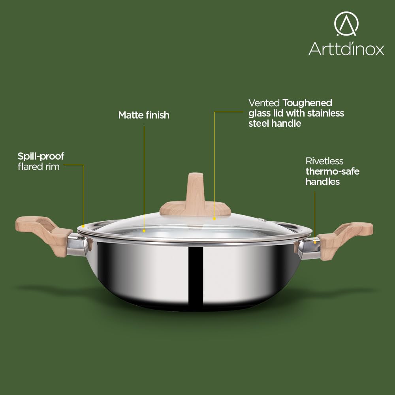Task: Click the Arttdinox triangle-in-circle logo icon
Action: pyautogui.click(x=346, y=24)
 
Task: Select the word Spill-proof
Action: pyautogui.click(x=41, y=156)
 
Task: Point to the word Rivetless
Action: pyautogui.click(x=324, y=161)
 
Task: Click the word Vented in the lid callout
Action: pyautogui.click(x=264, y=103)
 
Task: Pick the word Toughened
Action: pyautogui.click(x=307, y=103)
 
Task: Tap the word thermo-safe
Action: pyautogui.click(x=333, y=171)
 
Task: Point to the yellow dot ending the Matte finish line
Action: pyautogui.click(x=144, y=231)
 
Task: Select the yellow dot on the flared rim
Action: pyautogui.click(x=83, y=226)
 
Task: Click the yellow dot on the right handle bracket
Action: pyautogui.click(x=315, y=243)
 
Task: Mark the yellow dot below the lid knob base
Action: pyautogui.click(x=214, y=219)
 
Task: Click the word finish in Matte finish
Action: pyautogui.click(x=158, y=115)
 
